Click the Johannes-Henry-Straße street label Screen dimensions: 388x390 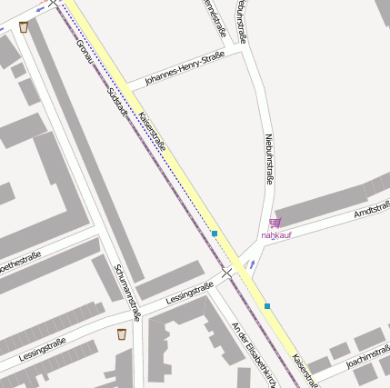185,71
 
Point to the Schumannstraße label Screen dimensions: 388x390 126,292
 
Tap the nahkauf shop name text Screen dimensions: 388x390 275,235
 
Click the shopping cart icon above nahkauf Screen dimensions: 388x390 275,223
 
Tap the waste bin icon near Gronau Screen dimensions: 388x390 23,26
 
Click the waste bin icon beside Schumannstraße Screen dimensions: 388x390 122,334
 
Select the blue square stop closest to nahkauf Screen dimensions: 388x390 215,234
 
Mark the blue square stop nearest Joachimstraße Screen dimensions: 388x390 267,306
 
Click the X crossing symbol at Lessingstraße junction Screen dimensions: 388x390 227,271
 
